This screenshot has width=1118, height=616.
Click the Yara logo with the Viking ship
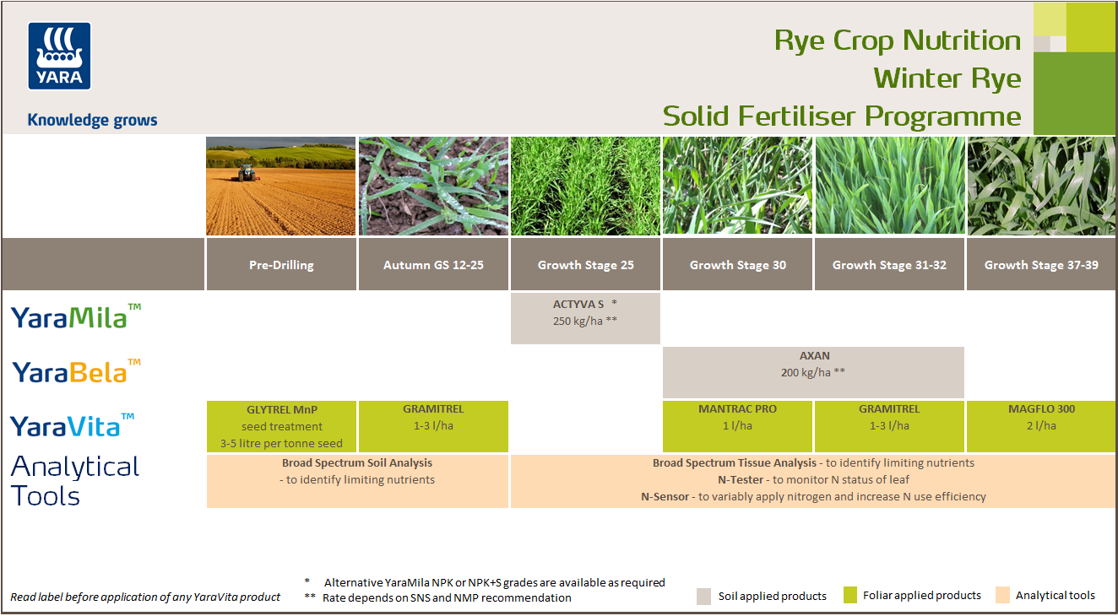coord(59,56)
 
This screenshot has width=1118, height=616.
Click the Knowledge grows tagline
coord(92,120)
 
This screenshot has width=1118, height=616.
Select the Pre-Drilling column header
coord(281,265)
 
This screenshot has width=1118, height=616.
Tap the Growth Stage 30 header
coord(737,265)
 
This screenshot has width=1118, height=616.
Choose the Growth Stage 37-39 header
coord(1040,265)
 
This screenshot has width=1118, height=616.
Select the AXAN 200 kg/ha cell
coord(813,372)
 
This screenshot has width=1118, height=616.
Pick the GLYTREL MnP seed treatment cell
coord(281,426)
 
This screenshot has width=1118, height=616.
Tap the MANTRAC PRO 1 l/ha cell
coord(737,426)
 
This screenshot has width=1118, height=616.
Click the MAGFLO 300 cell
coord(1040,426)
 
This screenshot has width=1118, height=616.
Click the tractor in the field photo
coord(246,172)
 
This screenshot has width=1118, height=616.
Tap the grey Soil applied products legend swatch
coord(704,596)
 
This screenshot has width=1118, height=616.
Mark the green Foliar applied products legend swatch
coord(849,596)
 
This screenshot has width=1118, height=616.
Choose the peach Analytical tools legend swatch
coord(1002,596)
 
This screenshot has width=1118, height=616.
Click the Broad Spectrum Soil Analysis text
coord(357,462)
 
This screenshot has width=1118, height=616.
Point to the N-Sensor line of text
coord(812,496)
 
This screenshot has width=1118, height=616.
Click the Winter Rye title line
coord(947,78)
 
